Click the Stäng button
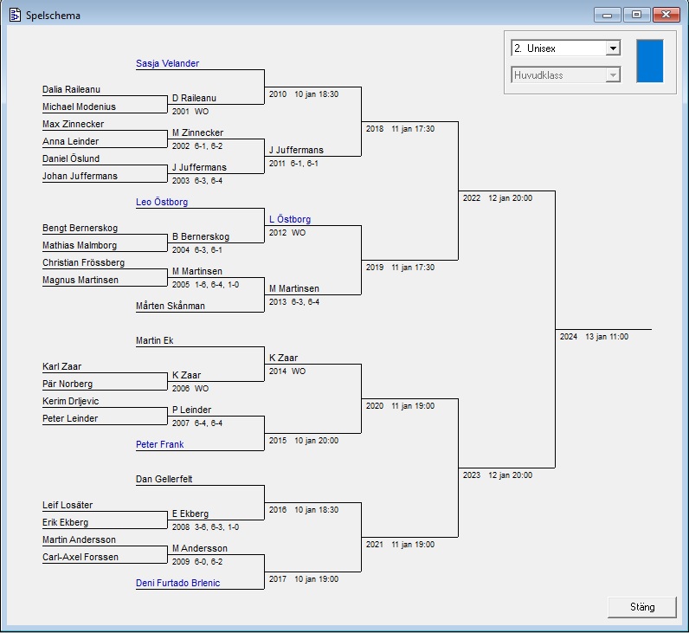(x=642, y=607)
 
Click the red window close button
(x=666, y=15)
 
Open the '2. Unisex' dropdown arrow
(x=613, y=48)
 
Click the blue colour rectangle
(x=649, y=61)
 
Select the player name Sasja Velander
(x=167, y=63)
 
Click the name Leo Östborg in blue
(x=162, y=202)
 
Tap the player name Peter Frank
(x=160, y=444)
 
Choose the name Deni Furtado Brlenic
(x=177, y=583)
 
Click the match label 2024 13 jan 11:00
(x=594, y=336)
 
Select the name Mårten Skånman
(x=170, y=306)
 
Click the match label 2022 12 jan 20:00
(x=497, y=198)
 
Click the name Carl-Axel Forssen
(x=80, y=557)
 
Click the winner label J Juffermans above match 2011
(x=296, y=150)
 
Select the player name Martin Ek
(x=155, y=340)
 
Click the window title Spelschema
(x=53, y=15)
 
